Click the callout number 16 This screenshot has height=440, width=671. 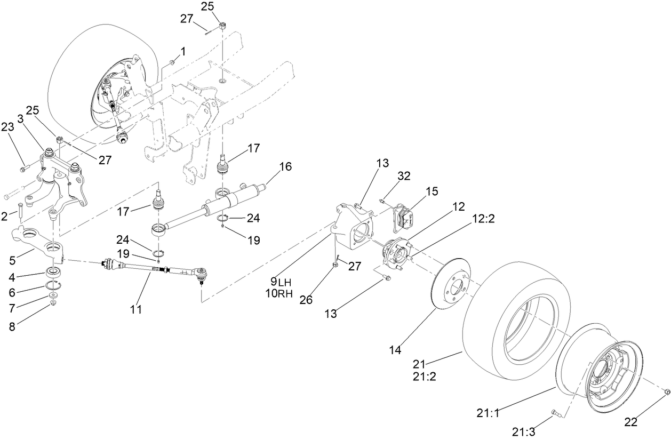click(285, 166)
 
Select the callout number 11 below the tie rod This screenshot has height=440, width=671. click(136, 309)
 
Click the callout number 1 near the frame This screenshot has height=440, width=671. click(183, 52)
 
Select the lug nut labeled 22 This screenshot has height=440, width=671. click(667, 393)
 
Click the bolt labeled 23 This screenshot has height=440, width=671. click(22, 169)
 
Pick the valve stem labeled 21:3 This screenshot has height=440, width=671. click(552, 412)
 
